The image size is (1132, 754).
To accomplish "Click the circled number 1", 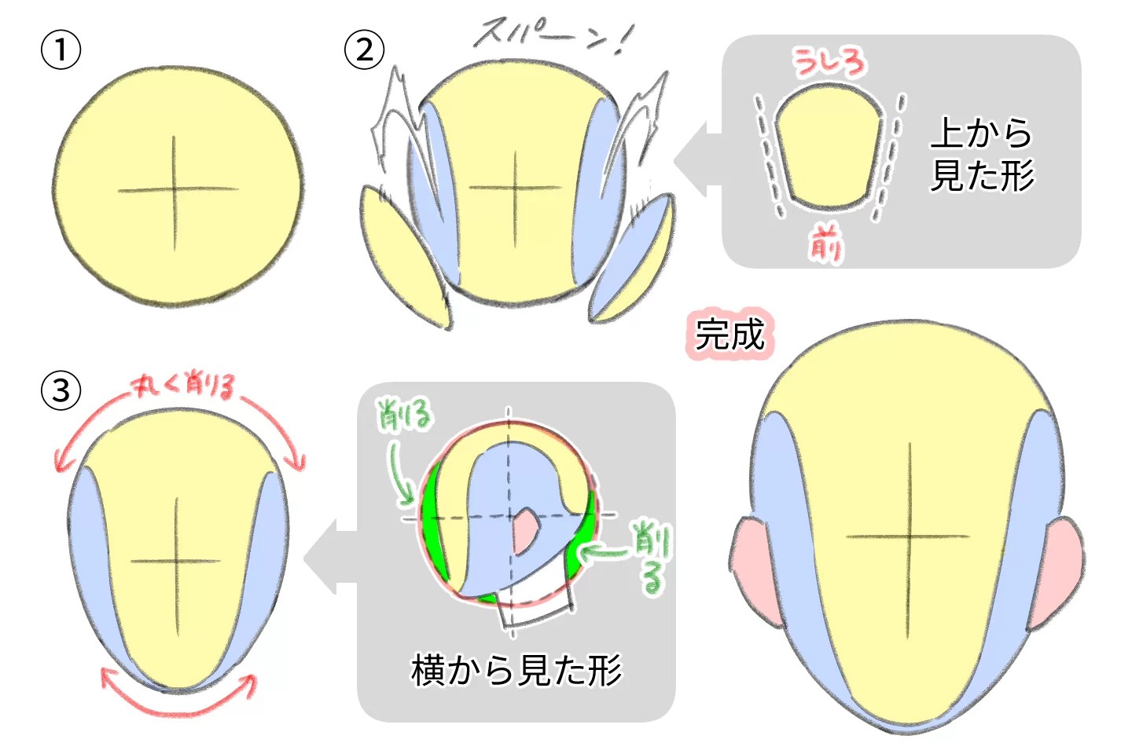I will click(61, 50).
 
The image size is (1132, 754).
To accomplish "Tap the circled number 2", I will click(364, 50).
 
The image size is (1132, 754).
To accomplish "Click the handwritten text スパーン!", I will click(550, 35).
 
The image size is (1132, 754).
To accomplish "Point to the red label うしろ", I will click(829, 62).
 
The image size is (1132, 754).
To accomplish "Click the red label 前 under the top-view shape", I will click(825, 243).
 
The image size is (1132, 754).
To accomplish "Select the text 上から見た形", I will click(982, 154).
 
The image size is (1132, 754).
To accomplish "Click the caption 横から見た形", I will click(516, 670).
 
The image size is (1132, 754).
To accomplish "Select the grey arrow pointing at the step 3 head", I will click(330, 557).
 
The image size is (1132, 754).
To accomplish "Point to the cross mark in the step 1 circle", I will click(175, 190).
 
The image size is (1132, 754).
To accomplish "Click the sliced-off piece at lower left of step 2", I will click(404, 259).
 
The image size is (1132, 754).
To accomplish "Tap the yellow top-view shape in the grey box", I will click(829, 146).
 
